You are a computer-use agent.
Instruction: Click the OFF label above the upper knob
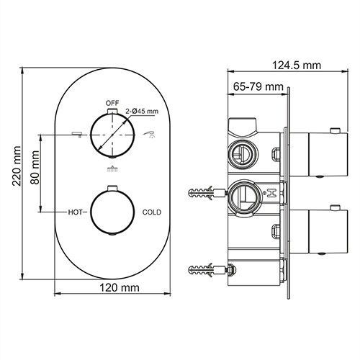112,103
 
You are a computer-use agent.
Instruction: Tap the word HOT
77,212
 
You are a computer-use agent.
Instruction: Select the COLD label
151,212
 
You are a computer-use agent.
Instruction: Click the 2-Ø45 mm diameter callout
140,112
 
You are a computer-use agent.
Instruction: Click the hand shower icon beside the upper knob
150,134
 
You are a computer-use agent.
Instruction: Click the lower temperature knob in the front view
111,212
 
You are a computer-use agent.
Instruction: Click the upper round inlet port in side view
239,153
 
